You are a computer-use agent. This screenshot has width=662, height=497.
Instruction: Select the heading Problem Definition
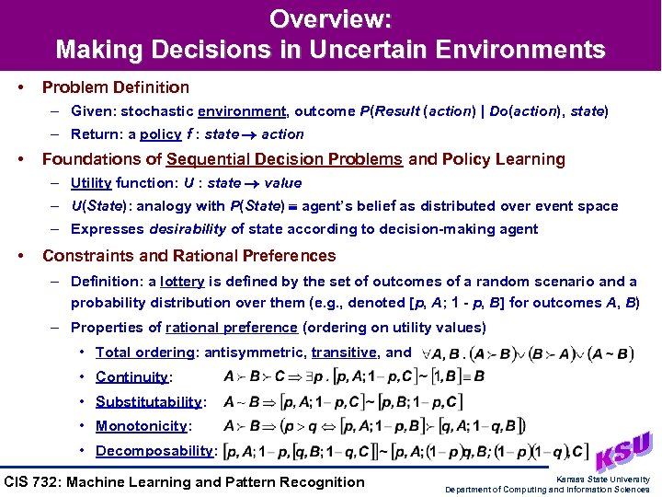pos(116,87)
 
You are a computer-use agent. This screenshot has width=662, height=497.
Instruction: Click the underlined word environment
pos(242,111)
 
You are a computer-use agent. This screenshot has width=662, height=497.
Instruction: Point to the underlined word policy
pos(160,134)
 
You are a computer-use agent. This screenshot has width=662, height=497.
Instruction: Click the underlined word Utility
pos(91,183)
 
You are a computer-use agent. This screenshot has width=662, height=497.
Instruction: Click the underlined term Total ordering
pos(145,353)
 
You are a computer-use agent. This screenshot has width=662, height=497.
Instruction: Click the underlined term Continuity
pos(131,377)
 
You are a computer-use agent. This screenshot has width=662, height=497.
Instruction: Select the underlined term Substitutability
pos(148,402)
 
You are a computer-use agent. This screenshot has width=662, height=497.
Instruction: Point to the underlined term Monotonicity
pos(141,426)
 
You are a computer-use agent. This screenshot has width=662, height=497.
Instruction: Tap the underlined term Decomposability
pos(154,451)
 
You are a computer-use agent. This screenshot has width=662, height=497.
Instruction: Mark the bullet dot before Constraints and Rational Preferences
pos(20,256)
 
